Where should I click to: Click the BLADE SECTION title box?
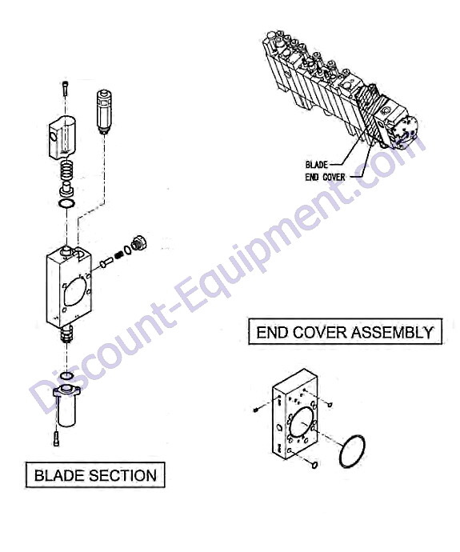[x=95, y=475]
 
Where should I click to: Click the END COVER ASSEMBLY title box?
[x=345, y=332]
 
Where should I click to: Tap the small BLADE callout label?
[x=317, y=165]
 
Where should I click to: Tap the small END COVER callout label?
[x=326, y=177]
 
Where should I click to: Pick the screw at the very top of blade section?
[x=66, y=88]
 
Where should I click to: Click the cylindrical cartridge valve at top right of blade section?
[x=104, y=112]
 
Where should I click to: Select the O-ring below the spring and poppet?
[x=66, y=203]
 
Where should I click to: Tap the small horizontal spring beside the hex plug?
[x=120, y=254]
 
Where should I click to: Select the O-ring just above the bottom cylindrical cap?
[x=66, y=376]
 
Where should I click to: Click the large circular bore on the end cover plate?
[x=302, y=424]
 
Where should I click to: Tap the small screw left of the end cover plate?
[x=256, y=410]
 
